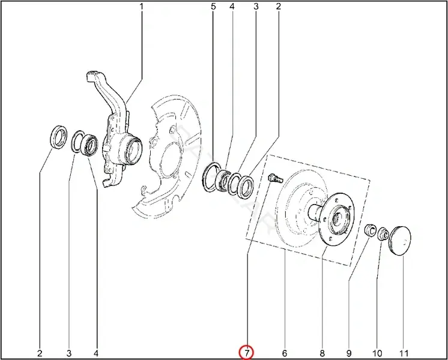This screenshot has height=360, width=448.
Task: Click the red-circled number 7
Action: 247,353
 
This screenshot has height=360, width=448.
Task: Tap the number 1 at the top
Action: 141,6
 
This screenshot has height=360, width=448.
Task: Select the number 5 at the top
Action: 213,6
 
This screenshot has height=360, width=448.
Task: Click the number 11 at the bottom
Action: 404,353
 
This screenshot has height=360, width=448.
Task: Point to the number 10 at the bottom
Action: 377,353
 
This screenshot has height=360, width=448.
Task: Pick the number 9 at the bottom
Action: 349,353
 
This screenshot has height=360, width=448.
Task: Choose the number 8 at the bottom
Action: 322,353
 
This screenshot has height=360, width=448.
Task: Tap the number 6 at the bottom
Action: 284,353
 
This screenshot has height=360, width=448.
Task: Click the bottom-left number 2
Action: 40,353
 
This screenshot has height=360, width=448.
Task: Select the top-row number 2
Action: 279,6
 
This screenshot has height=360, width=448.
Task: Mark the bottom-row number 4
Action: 96,353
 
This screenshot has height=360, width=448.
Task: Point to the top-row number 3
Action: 256,6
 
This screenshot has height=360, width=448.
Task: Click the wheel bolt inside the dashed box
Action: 275,178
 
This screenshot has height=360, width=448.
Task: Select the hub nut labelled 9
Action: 371,230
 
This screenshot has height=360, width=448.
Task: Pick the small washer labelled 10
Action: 383,234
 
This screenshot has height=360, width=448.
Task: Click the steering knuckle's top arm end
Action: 91,75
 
